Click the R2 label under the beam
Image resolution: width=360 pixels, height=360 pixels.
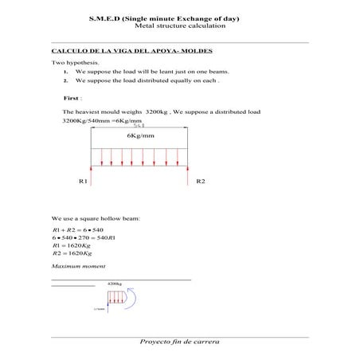pos(201,182)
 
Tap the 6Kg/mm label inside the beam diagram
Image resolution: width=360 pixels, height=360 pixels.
pos(140,136)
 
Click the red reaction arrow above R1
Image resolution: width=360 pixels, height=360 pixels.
pos(92,174)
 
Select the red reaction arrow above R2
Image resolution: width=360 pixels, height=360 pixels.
pos(190,174)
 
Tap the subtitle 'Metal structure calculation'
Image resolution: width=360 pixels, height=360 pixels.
pos(180,26)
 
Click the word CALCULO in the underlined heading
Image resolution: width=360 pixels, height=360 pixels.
pos(70,50)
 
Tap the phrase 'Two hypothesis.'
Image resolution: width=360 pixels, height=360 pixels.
pos(75,62)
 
